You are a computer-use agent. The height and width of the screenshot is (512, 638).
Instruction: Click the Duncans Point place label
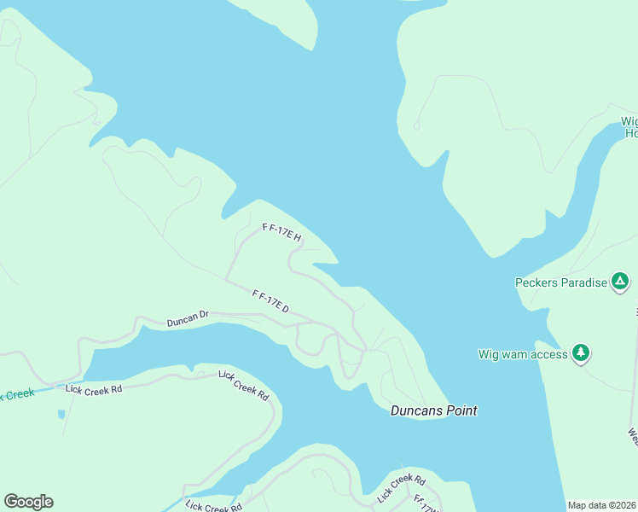coord(433,410)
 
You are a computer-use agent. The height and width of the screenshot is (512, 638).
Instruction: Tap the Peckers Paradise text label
coord(560,282)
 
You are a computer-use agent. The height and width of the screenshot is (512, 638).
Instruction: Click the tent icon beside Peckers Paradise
coord(620,282)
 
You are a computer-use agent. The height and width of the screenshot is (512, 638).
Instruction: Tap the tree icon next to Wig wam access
coord(581,352)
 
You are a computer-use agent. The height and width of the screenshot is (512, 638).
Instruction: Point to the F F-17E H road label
coord(282,232)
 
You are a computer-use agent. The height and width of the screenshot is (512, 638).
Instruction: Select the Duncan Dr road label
coord(188,320)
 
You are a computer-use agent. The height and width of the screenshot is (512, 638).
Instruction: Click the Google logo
coord(28,502)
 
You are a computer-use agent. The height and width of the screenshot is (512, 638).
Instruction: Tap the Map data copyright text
coord(602,505)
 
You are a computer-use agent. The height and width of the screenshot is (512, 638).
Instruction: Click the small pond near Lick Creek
coord(61,415)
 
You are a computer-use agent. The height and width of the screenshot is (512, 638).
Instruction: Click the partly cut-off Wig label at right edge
coord(629,121)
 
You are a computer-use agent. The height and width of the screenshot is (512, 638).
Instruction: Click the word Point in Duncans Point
coord(461,410)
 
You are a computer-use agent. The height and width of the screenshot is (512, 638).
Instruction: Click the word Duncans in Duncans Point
coord(415,410)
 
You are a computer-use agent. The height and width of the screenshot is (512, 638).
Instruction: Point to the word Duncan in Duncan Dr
coord(182,321)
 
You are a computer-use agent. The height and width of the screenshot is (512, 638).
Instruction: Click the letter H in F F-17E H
coord(297,239)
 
